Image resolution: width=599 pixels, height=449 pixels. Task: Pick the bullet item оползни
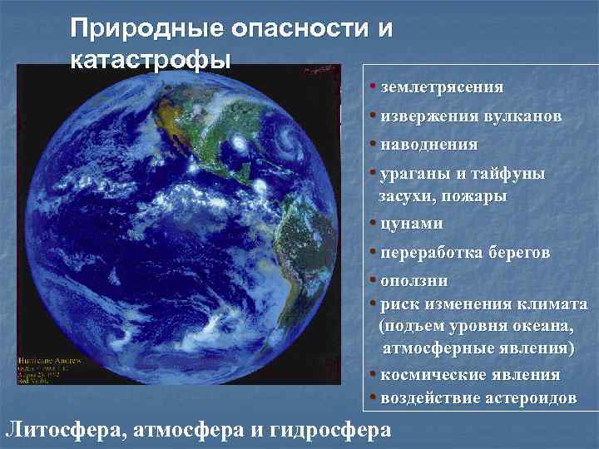coord(414,280)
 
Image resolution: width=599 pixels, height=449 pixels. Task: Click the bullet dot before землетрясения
coord(375,86)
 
